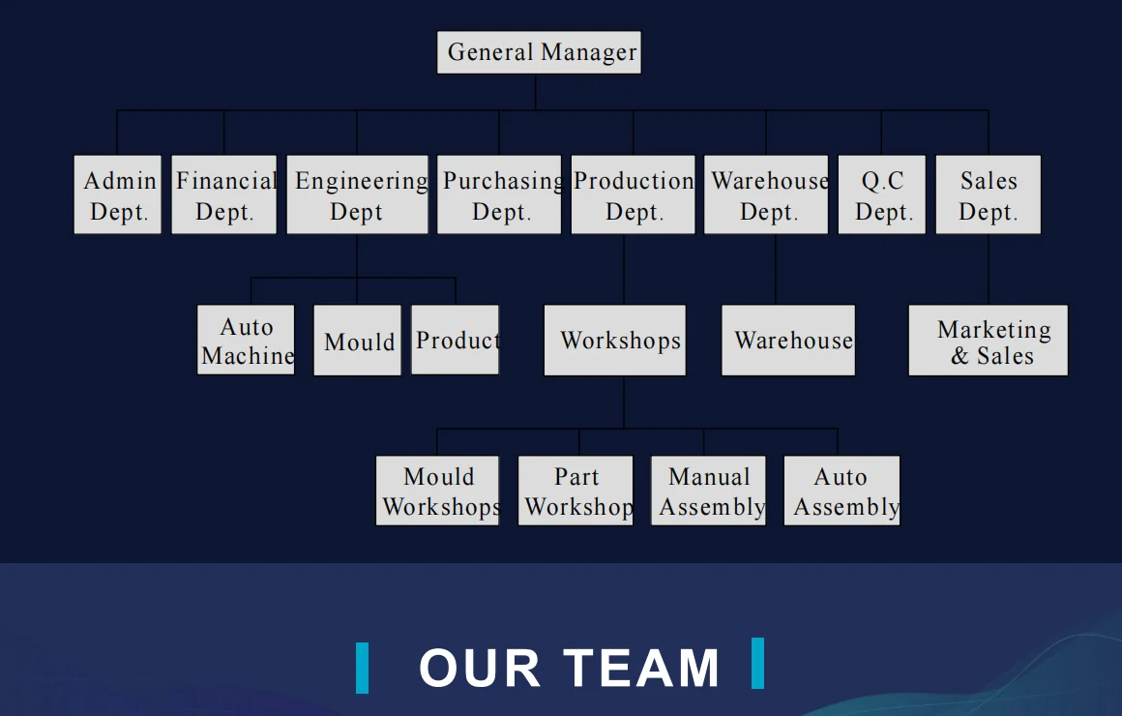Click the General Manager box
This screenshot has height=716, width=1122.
539,52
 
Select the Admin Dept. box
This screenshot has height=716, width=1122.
118,194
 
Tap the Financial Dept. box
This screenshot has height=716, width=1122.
224,194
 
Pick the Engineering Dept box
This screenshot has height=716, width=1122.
357,194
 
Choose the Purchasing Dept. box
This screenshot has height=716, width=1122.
499,194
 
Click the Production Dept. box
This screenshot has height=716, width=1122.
634,194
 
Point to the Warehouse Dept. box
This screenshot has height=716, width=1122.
766,194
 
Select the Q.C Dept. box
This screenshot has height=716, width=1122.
882,194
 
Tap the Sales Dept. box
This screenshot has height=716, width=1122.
989,194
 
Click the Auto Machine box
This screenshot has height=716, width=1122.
246,341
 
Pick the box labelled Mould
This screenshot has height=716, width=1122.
358,341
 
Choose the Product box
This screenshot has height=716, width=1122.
456,341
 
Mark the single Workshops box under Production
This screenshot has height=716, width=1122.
615,341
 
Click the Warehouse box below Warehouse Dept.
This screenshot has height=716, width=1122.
788,341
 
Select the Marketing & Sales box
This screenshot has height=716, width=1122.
989,341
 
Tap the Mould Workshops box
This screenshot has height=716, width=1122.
438,491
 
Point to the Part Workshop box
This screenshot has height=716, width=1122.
576,491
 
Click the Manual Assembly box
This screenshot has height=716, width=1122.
709,491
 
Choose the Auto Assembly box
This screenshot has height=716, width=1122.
841,491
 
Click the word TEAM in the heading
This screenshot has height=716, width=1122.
642,668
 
